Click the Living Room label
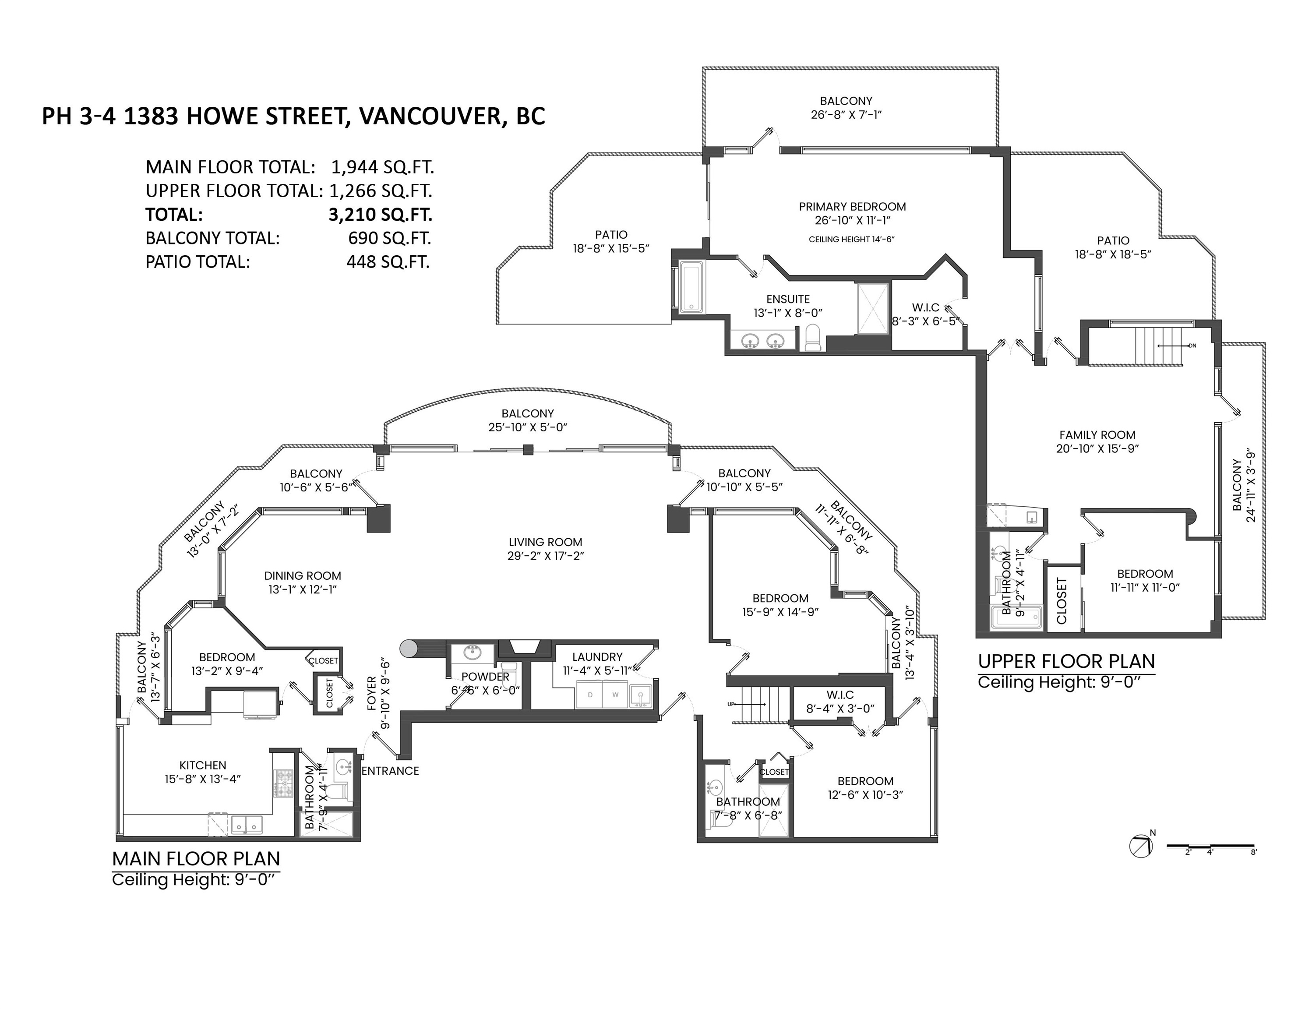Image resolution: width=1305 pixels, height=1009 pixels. (x=545, y=542)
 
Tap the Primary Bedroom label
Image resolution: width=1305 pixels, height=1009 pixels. (x=852, y=207)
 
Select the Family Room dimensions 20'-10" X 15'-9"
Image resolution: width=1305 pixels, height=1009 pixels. (x=1097, y=448)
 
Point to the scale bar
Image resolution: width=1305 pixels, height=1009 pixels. (x=1210, y=846)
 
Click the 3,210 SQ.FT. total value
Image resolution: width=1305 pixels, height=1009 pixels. (x=380, y=215)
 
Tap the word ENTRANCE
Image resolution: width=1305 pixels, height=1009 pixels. (x=390, y=771)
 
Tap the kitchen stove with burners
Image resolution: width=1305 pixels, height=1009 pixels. (x=284, y=783)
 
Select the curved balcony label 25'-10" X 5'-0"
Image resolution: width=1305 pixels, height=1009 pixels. (x=527, y=427)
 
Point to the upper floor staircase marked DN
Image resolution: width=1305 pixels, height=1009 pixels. (x=1159, y=345)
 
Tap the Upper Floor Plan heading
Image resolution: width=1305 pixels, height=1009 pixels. (x=1066, y=661)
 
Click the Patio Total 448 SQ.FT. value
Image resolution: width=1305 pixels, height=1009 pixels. (x=388, y=261)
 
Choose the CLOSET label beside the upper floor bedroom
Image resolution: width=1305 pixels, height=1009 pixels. (x=1062, y=600)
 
